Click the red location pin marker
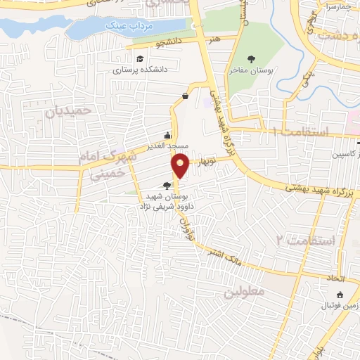[181, 165]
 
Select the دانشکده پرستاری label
[139, 70]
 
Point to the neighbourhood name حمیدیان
[69, 111]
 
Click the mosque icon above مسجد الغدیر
[167, 135]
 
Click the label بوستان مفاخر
[252, 71]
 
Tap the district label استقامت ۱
[304, 132]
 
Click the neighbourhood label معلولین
[245, 291]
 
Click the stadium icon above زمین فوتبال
[340, 295]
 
